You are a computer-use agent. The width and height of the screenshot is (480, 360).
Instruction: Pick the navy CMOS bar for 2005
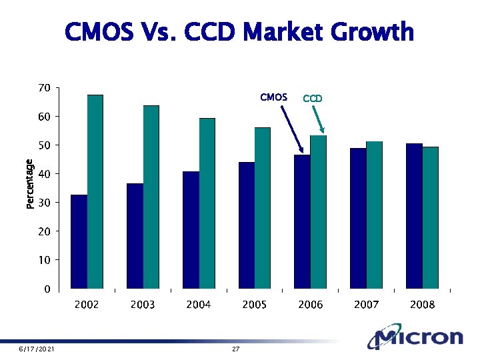click(247, 226)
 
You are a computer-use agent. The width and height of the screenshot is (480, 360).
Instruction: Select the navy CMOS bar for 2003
click(135, 237)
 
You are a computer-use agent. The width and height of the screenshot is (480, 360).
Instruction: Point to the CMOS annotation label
click(273, 97)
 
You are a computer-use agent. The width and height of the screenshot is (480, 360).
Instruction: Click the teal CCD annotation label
click(313, 99)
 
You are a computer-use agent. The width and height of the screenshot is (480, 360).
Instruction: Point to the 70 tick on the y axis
click(44, 88)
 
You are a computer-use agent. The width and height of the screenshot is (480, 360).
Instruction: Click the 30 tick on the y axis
click(44, 203)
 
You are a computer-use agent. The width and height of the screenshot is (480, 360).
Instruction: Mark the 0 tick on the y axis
click(47, 289)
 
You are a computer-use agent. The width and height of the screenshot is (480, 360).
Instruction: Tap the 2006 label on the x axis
click(310, 305)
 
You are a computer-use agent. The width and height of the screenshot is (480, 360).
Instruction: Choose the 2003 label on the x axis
click(142, 305)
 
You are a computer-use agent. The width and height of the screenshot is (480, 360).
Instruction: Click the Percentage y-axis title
click(30, 184)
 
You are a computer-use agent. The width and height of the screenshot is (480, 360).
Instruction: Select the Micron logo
click(417, 338)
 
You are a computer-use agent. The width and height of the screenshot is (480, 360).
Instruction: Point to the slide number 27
click(235, 349)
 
